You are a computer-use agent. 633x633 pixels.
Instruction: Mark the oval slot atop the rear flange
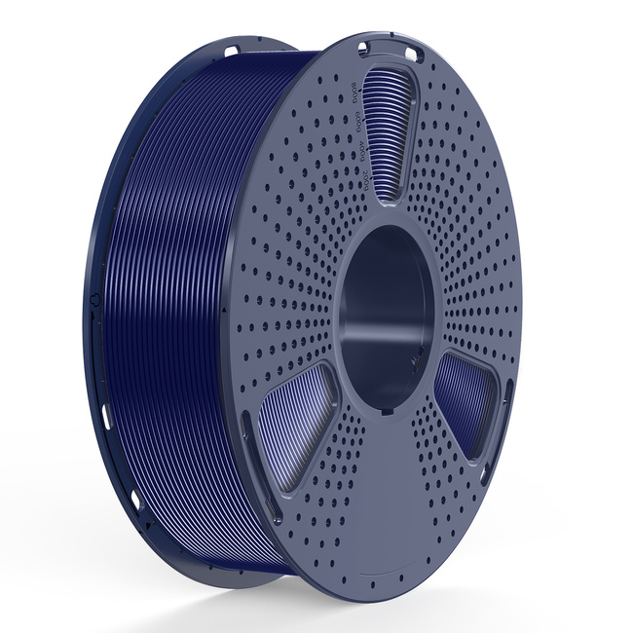pyautogui.click(x=230, y=48)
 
